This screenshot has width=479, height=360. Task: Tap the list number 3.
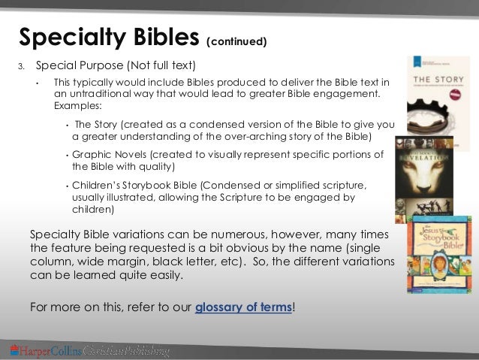click(22, 65)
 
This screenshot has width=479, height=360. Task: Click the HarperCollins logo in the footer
click(89, 351)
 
